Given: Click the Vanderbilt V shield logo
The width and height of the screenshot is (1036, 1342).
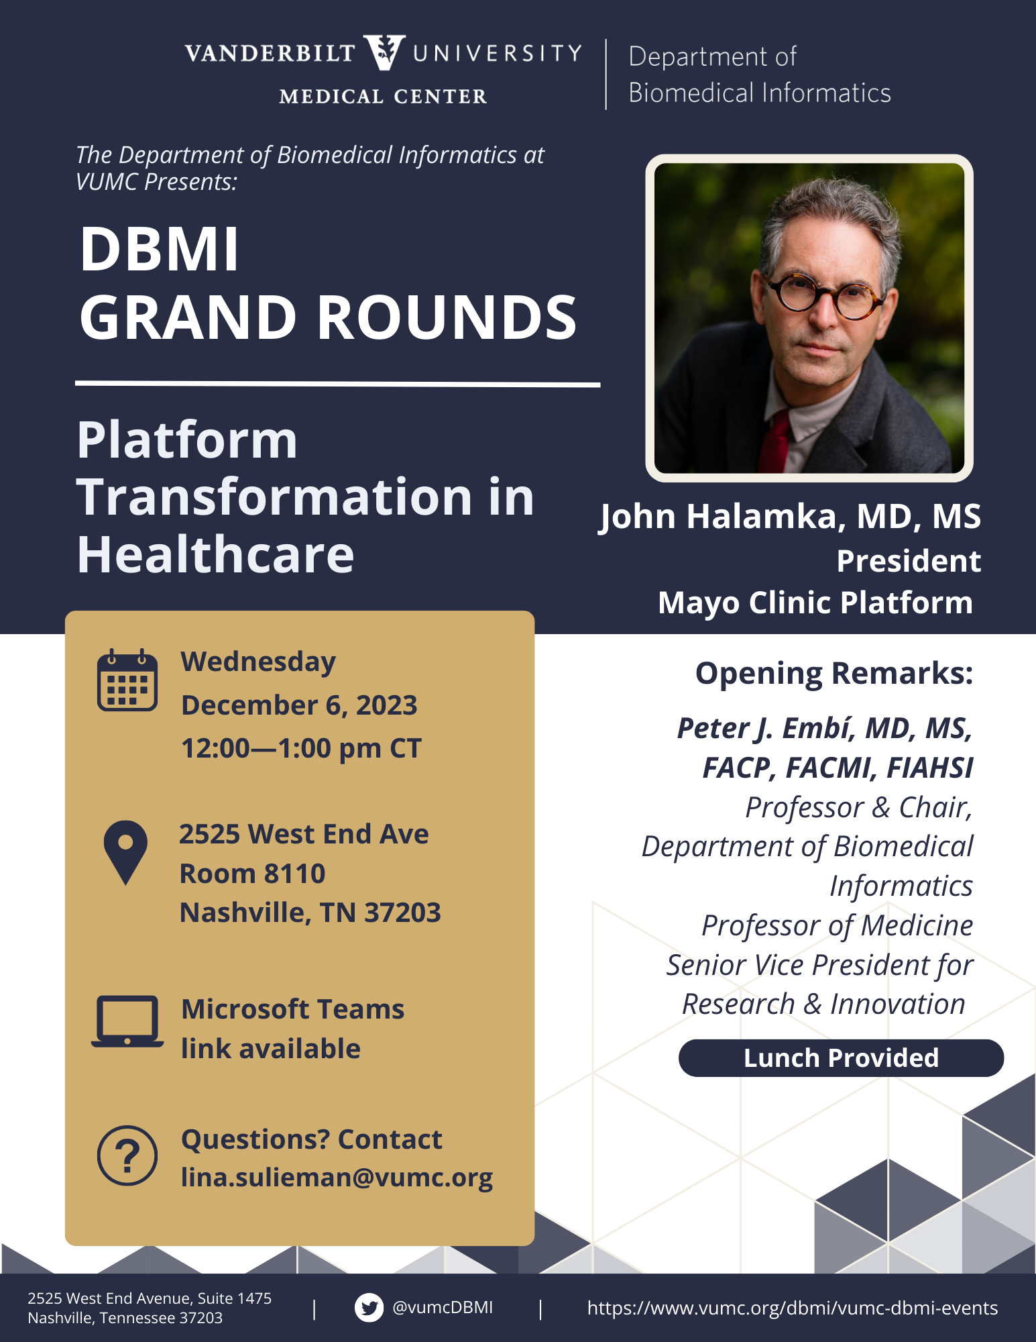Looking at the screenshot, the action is click(x=384, y=52).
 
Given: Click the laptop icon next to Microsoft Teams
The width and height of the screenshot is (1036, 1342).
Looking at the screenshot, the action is click(x=127, y=1021).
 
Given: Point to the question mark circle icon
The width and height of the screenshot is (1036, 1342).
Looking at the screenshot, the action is click(x=127, y=1155).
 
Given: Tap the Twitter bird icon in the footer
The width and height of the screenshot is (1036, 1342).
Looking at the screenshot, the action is click(x=369, y=1307).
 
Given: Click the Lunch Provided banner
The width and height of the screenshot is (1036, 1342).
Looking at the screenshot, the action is click(x=841, y=1058).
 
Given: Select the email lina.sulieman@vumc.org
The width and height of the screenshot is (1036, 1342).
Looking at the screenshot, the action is click(x=337, y=1178).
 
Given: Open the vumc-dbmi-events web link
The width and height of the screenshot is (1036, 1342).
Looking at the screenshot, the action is click(x=793, y=1308).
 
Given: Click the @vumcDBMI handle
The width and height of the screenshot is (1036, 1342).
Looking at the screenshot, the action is click(x=443, y=1307).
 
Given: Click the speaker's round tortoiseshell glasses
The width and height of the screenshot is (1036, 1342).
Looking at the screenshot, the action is click(x=826, y=295).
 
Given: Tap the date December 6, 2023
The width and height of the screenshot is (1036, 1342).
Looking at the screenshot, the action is click(x=299, y=705).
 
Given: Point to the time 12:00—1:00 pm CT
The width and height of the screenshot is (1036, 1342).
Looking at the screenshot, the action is click(x=301, y=748).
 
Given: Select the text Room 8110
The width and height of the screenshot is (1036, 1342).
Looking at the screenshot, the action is click(x=252, y=874).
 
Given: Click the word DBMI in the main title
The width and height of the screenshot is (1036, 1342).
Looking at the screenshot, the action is click(x=159, y=249).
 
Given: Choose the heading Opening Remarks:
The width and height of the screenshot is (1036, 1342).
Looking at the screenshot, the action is click(x=834, y=674).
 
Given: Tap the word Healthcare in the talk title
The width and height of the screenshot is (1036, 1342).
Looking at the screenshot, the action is click(x=215, y=555).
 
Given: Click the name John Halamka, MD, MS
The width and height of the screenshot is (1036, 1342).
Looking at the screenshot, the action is click(x=790, y=517).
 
